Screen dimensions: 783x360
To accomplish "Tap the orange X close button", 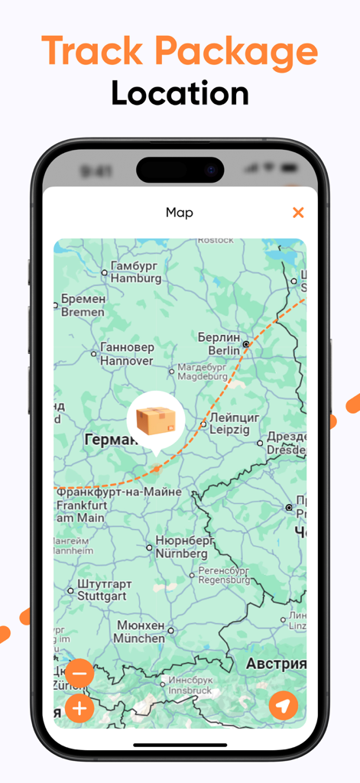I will pyautogui.click(x=298, y=213).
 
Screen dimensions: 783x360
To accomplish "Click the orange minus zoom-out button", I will pyautogui.click(x=79, y=674).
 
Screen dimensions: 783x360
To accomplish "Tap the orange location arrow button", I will pyautogui.click(x=284, y=706).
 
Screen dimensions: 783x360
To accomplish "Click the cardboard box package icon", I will pyautogui.click(x=156, y=419).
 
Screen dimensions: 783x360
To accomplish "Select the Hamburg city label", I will pyautogui.click(x=136, y=272).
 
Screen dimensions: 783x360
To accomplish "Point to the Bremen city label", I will pyautogui.click(x=83, y=305).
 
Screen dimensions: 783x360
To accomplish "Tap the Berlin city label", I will pyautogui.click(x=219, y=343).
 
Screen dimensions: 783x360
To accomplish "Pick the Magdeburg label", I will pyautogui.click(x=202, y=372).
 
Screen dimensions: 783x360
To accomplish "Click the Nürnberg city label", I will pyautogui.click(x=181, y=547).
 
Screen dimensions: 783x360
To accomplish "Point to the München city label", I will pyautogui.click(x=141, y=632).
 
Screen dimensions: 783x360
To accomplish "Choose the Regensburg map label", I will pyautogui.click(x=224, y=575).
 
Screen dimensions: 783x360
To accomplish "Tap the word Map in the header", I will pyautogui.click(x=180, y=213).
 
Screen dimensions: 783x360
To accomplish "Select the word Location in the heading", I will pyautogui.click(x=180, y=93).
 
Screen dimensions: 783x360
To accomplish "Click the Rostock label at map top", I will pyautogui.click(x=216, y=240).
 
